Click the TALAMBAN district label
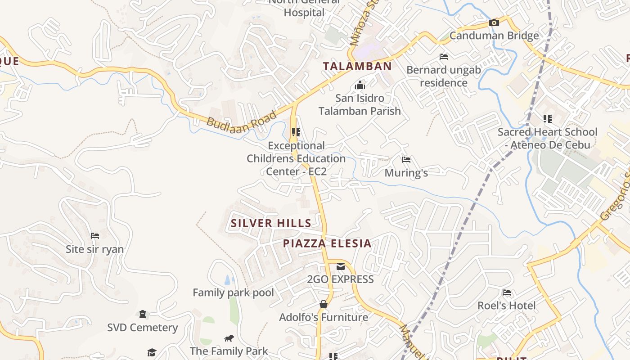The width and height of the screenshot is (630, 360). (x=357, y=66)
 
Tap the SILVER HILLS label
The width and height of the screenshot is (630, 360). (x=271, y=223)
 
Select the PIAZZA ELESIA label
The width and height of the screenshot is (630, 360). (x=327, y=243)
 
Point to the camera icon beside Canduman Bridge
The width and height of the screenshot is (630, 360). (x=494, y=22)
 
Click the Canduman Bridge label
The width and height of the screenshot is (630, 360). (x=494, y=36)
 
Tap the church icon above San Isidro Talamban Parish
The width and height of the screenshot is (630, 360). (x=360, y=85)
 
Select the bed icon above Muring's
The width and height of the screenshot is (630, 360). (x=406, y=160)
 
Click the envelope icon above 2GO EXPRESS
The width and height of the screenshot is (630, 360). (x=340, y=266)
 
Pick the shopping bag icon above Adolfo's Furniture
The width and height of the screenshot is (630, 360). (x=323, y=304)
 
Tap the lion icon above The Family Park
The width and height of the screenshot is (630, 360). (x=229, y=338)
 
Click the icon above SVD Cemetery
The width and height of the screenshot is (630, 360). (x=142, y=314)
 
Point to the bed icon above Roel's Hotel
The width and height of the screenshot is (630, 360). (x=507, y=292)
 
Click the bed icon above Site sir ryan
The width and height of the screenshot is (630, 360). (x=94, y=236)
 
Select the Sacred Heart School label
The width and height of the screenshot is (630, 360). (x=547, y=138)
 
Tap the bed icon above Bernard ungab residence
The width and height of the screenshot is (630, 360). (x=443, y=57)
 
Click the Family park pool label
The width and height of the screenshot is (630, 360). (x=233, y=292)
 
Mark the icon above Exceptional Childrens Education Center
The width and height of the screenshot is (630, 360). (x=296, y=132)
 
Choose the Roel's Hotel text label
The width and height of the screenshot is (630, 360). (x=507, y=306)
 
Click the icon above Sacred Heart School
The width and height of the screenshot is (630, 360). (x=547, y=119)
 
